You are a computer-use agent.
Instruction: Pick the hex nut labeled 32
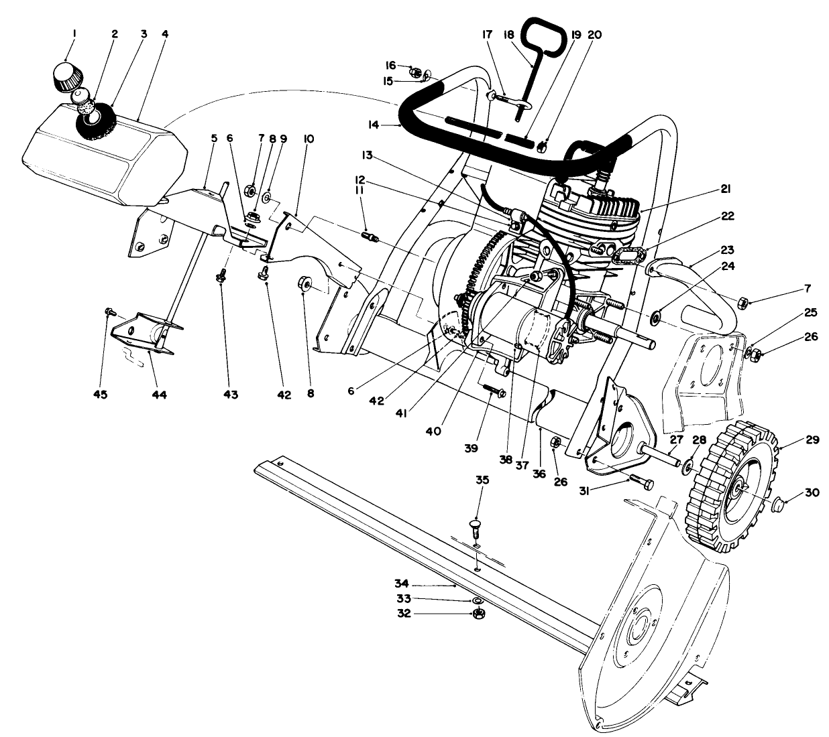tap(478, 614)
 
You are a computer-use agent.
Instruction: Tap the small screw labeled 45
tap(109, 312)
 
